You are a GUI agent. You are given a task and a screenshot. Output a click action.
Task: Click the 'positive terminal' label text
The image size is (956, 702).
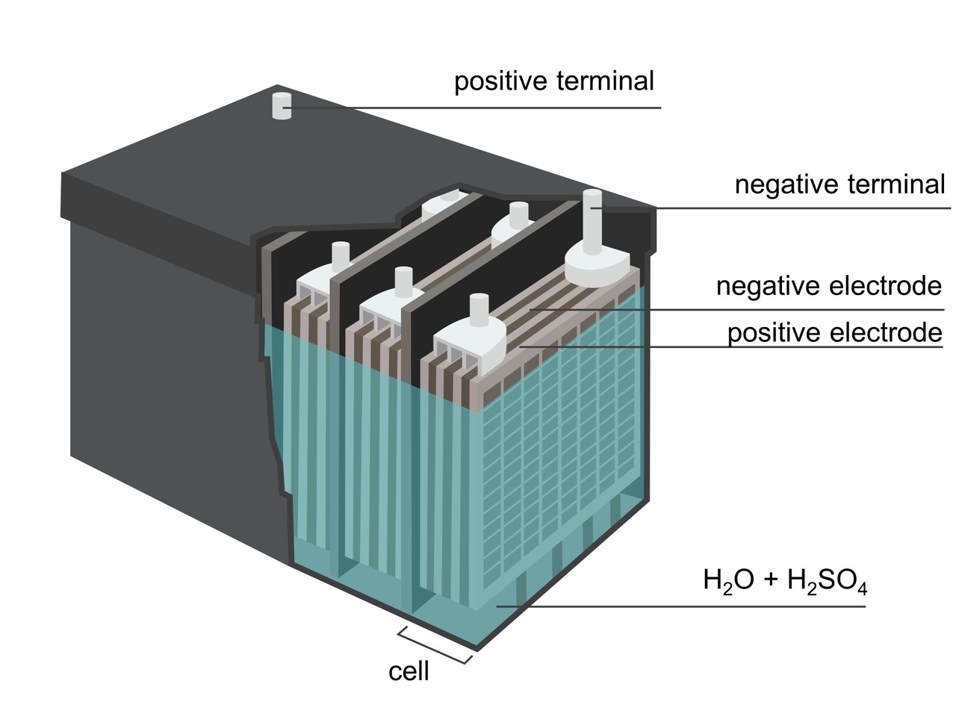tap(553, 81)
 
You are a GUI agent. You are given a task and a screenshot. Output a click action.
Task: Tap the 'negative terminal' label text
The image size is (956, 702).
tap(839, 184)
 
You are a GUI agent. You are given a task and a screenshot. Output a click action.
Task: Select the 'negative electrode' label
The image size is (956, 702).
tap(828, 286)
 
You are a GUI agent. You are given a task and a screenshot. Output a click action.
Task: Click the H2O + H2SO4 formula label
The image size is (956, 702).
tap(784, 581)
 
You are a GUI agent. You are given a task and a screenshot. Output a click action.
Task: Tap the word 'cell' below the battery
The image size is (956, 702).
tap(409, 671)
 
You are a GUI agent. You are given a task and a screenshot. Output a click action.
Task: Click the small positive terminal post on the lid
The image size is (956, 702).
tap(282, 106)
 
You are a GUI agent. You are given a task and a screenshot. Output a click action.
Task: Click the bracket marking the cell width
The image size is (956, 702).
tap(434, 646)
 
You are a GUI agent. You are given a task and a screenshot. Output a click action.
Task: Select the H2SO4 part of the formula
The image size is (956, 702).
tap(827, 581)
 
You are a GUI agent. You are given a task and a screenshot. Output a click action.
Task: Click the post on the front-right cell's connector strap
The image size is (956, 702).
tap(479, 309)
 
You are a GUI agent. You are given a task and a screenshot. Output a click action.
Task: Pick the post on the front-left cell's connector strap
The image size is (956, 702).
tap(341, 256)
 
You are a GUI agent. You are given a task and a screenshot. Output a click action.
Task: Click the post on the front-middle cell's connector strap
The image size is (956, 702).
tap(403, 282)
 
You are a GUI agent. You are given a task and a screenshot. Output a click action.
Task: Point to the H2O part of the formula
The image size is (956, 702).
tap(728, 581)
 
